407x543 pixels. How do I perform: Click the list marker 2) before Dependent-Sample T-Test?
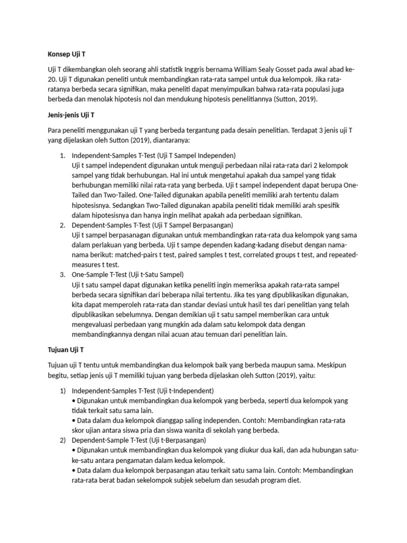point(61,440)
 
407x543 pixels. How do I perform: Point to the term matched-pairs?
point(117,255)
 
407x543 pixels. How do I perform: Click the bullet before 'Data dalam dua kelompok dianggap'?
point(73,421)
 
